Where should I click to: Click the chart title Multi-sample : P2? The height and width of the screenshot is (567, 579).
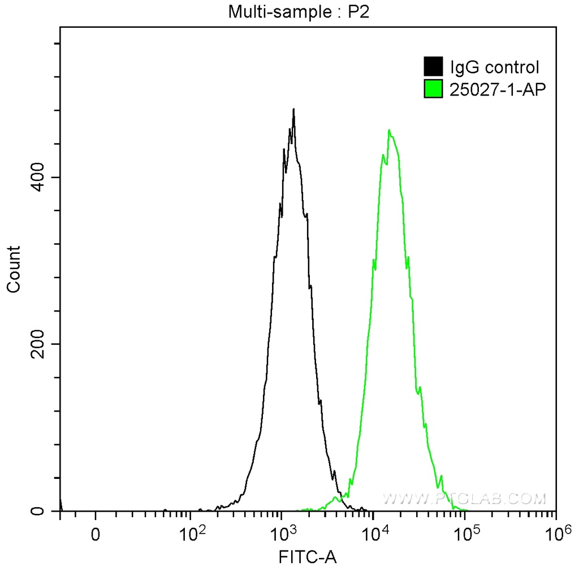(x=299, y=11)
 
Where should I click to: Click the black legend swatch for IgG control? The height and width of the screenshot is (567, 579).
(x=433, y=67)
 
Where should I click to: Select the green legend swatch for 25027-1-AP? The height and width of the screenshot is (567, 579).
(x=433, y=88)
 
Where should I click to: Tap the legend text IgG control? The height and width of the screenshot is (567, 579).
(x=494, y=68)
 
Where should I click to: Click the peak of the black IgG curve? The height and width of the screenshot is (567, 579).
(x=293, y=110)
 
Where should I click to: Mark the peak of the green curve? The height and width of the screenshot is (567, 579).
(x=389, y=131)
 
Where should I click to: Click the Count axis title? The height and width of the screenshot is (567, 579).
(x=14, y=269)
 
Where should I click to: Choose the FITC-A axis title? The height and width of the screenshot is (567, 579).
(x=308, y=557)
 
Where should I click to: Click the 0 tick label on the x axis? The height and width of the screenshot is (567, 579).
(x=96, y=534)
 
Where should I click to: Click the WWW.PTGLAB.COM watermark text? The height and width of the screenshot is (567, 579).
(x=465, y=499)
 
